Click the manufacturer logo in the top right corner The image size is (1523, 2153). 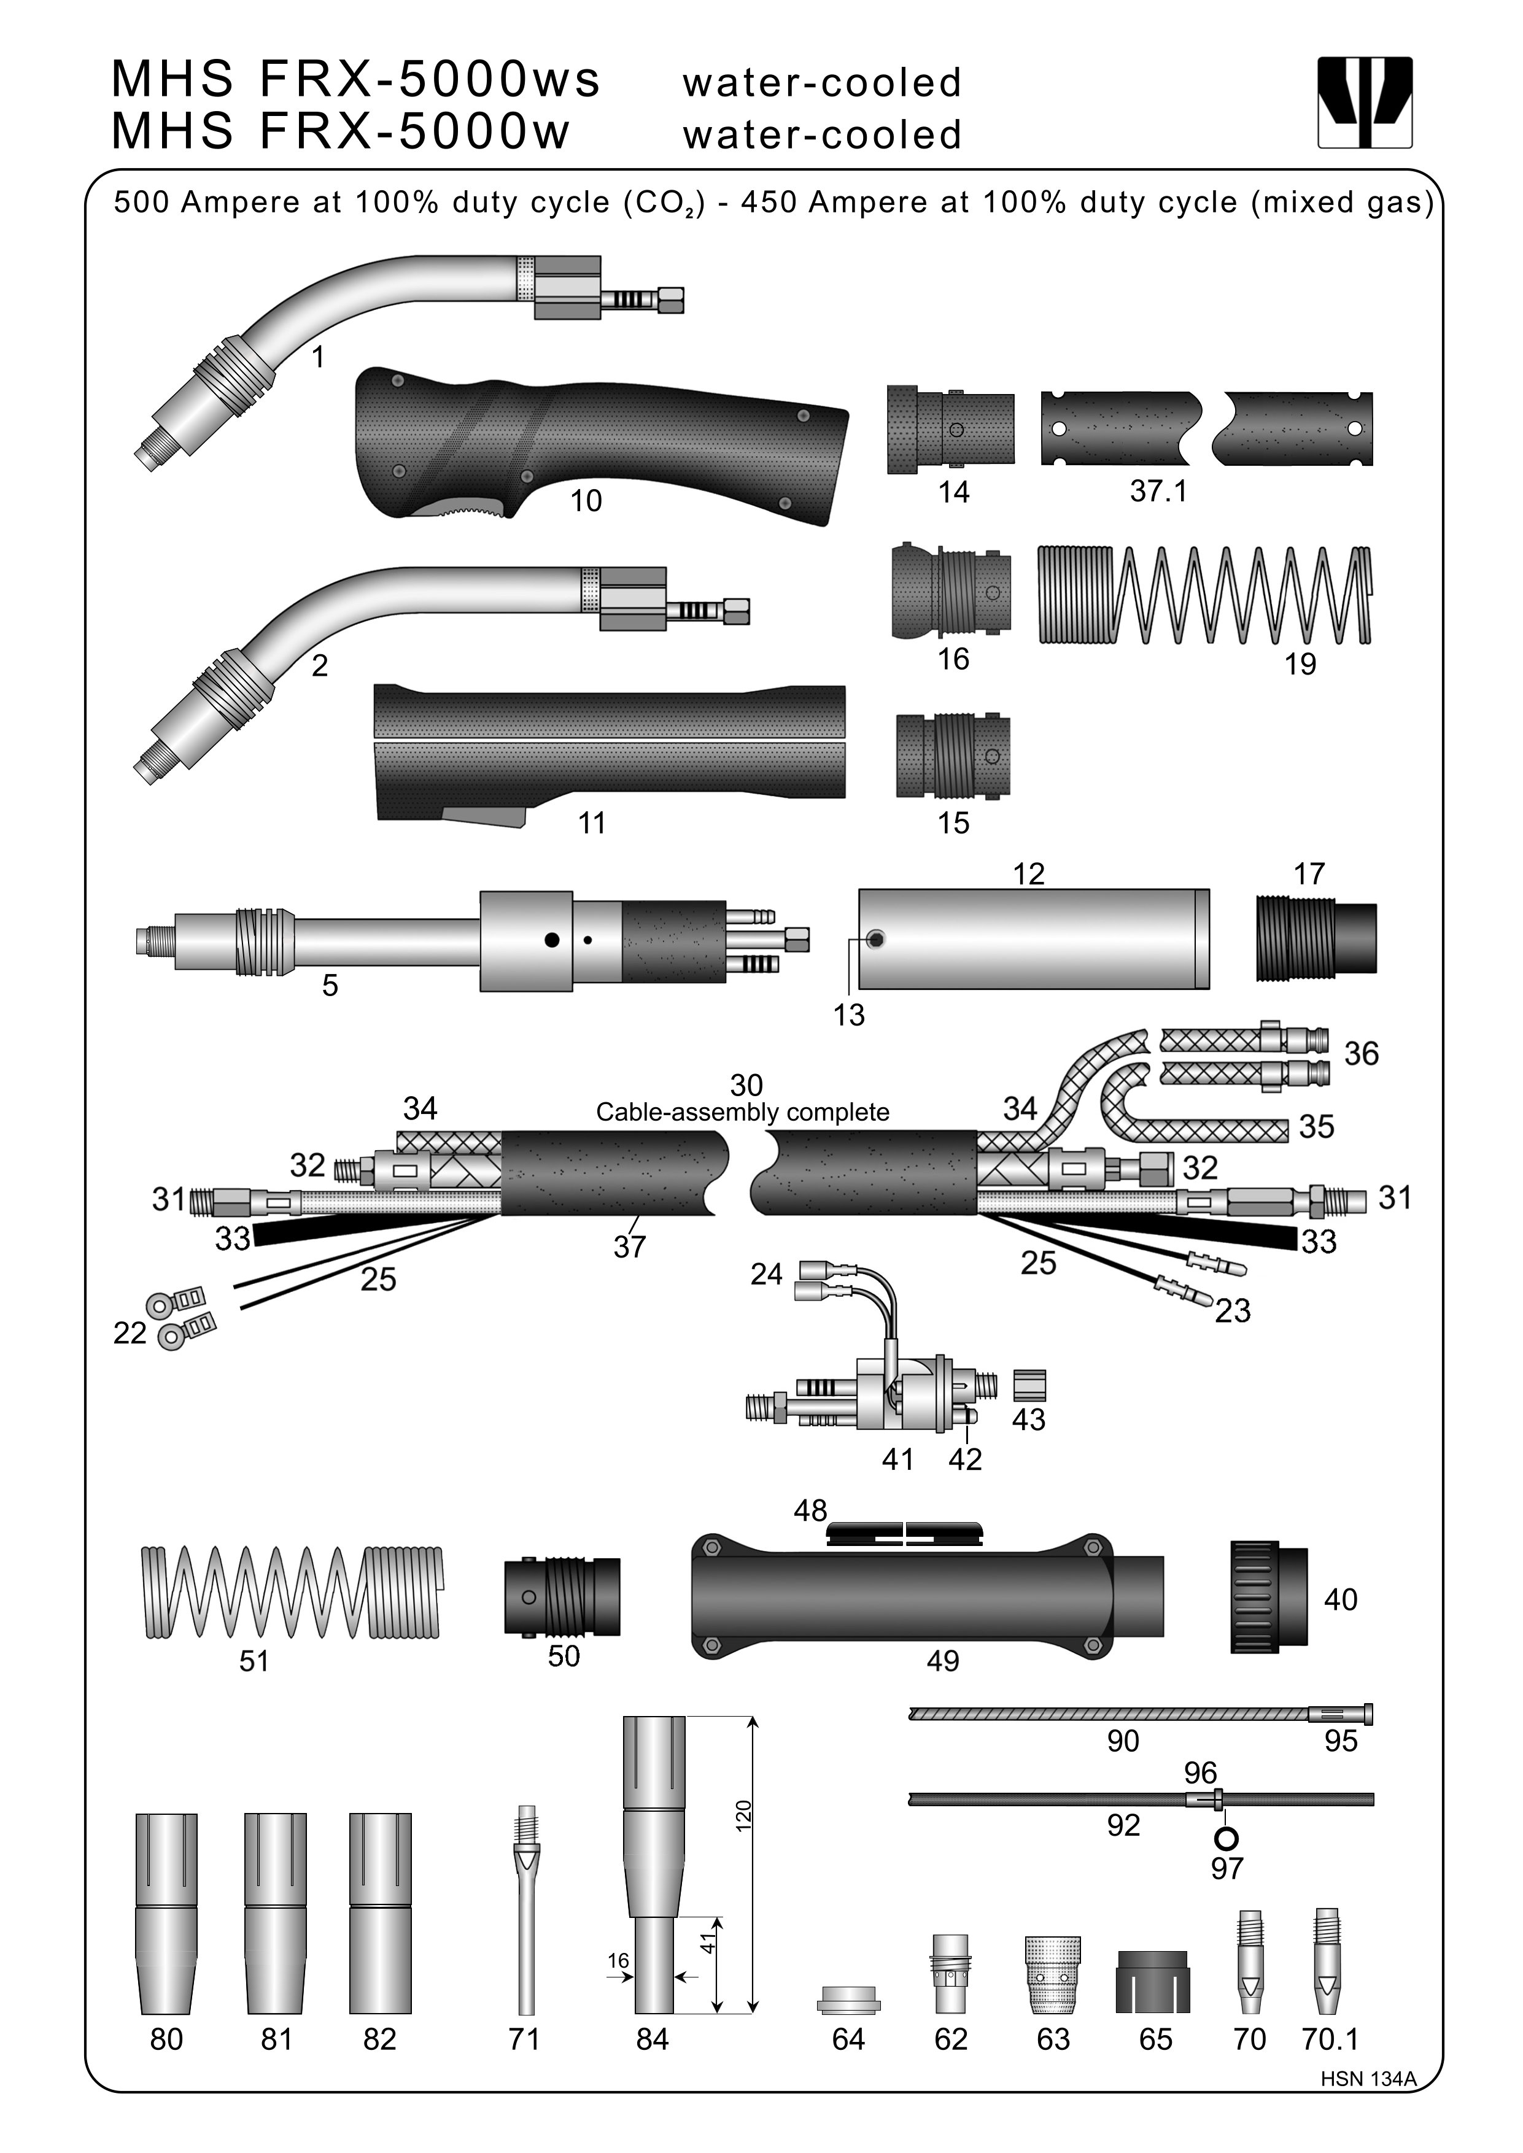(1365, 102)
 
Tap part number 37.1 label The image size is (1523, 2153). (1158, 490)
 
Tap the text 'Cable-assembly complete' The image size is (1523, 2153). (743, 1112)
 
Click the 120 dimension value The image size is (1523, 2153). (743, 1815)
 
